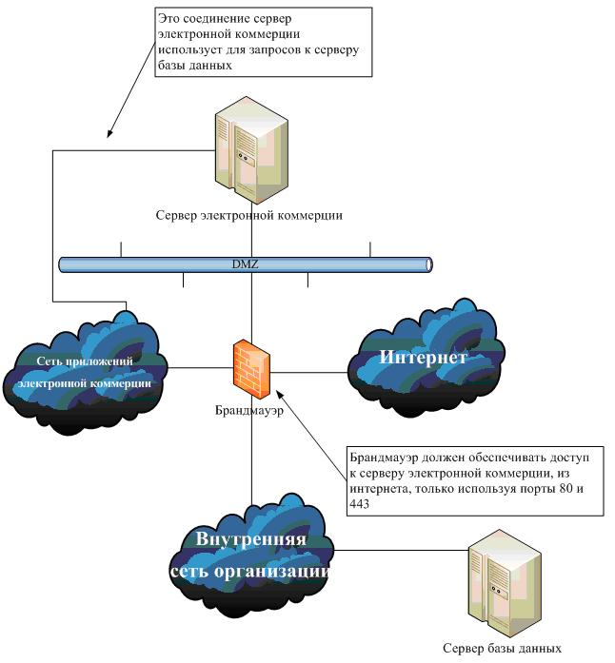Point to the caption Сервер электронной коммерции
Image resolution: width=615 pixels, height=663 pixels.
pyautogui.click(x=249, y=215)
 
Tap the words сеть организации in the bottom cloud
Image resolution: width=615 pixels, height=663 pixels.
pyautogui.click(x=250, y=573)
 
